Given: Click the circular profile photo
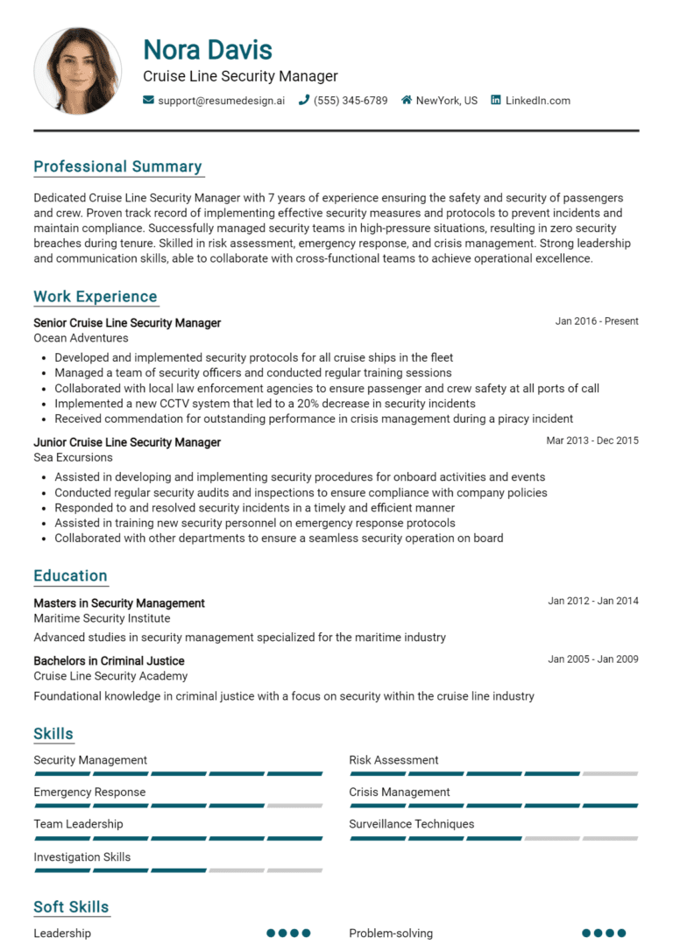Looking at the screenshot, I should pos(77,70).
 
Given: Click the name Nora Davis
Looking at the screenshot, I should pos(208,49).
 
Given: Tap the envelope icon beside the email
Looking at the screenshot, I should pos(148,101).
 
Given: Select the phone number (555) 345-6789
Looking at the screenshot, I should pos(351,101).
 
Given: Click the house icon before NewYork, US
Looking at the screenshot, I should pos(407,101).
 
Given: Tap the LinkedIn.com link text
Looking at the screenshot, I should pos(537,101).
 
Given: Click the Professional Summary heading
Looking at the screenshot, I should pos(117,166).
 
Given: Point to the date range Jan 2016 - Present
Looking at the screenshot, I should pos(597,321).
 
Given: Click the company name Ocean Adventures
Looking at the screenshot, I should pos(81,338).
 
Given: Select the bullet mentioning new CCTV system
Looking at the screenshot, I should pos(265,404).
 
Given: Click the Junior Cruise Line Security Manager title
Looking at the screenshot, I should pos(127,442).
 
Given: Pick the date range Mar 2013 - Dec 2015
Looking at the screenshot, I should pos(592,440).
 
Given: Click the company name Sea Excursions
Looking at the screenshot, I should pos(73,457).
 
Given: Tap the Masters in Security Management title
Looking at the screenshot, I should pos(119,603).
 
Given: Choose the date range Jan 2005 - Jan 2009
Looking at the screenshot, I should pos(593,659).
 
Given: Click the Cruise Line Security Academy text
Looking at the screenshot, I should pos(110,676).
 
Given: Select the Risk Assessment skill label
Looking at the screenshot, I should pos(393,760).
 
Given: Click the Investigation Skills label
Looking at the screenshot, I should pos(81,857).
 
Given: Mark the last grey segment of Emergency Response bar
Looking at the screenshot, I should pos(294,806).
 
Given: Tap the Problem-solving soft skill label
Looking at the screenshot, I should pos(391,933).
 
